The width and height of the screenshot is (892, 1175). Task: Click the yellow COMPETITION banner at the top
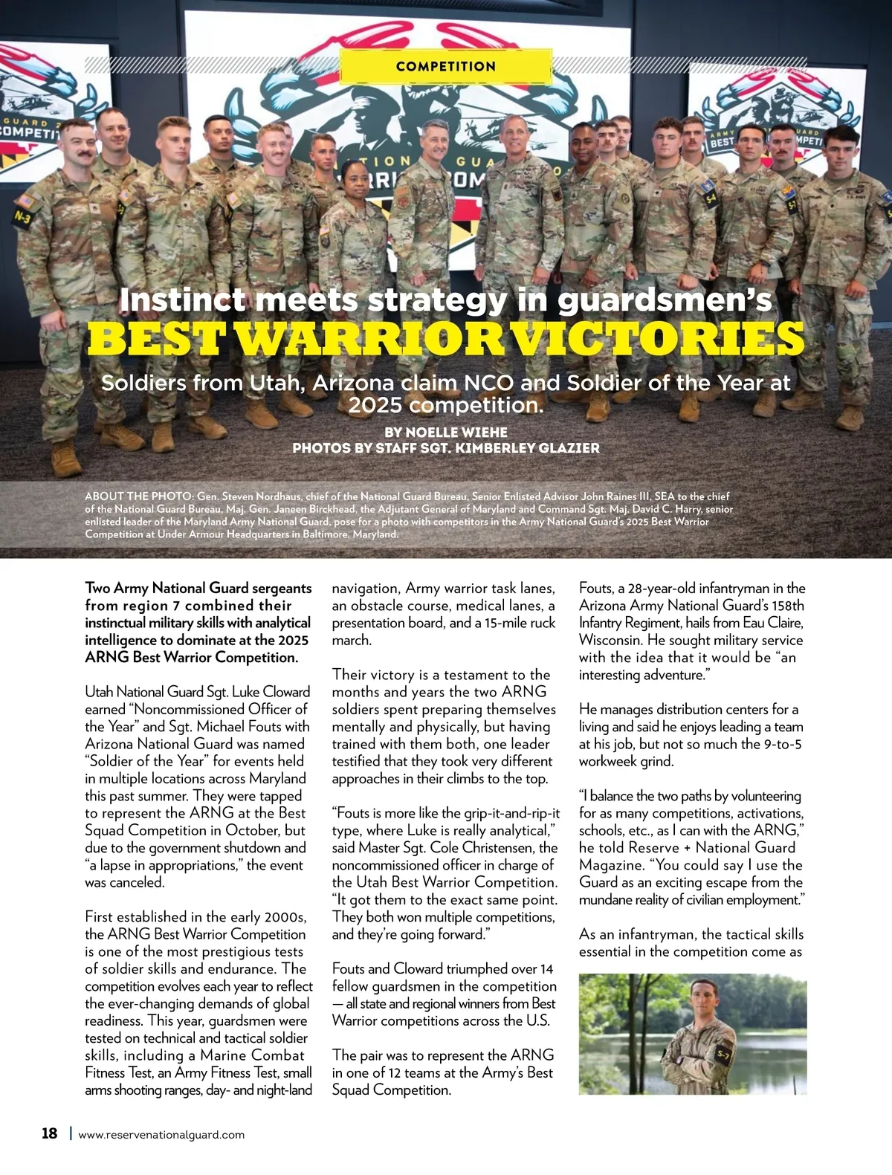coord(445,66)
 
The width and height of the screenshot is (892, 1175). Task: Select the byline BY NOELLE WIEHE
coord(446,432)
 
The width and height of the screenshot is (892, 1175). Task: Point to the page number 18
coord(49,1133)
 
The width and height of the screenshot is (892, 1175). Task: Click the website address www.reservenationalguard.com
coord(161,1135)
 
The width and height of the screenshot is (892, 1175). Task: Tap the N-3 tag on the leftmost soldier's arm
coord(23,216)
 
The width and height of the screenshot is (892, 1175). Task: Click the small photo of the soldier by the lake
coord(692,1034)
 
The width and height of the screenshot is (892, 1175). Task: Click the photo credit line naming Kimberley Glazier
coord(446,448)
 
